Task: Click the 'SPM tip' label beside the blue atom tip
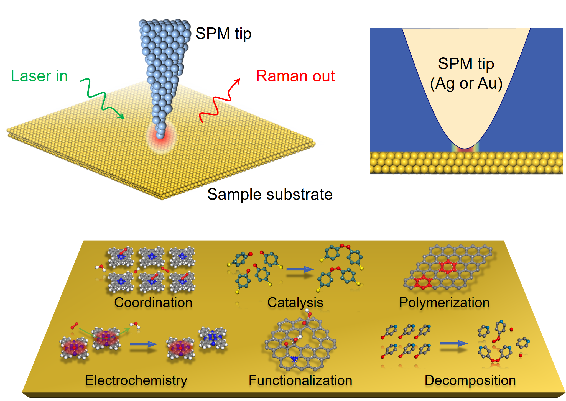point(223,34)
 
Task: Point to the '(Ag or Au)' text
point(466,83)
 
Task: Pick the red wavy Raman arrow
point(219,103)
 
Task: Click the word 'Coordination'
point(153,302)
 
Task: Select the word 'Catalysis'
point(295,302)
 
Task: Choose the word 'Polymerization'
point(444,302)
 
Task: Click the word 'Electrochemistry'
point(136,380)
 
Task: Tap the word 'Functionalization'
point(300,380)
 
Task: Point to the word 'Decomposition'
point(470,380)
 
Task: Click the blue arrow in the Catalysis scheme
point(300,269)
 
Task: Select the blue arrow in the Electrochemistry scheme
point(143,344)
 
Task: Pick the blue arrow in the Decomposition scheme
point(454,344)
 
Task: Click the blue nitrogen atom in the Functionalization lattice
point(294,359)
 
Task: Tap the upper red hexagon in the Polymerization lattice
point(448,267)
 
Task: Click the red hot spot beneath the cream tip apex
point(465,150)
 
